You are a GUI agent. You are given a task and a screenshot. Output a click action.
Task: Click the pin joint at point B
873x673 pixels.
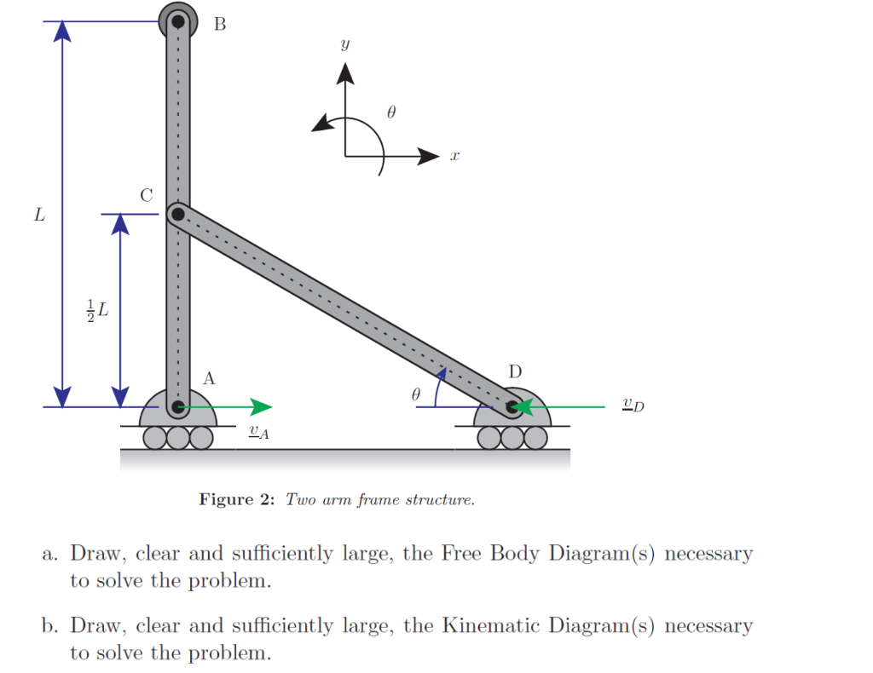coord(178,21)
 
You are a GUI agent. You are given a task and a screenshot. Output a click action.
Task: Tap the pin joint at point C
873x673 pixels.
coord(177,213)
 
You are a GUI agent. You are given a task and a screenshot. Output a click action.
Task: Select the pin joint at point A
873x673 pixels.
coord(177,407)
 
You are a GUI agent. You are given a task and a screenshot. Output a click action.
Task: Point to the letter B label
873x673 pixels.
coord(220,24)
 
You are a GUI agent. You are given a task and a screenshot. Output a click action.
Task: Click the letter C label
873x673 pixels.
coord(147,195)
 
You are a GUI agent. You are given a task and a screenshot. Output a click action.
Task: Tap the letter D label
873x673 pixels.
coord(515,372)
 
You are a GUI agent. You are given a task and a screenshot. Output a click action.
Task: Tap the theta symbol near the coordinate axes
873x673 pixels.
coord(391,112)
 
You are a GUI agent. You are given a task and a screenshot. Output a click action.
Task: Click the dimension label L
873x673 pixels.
coord(38,214)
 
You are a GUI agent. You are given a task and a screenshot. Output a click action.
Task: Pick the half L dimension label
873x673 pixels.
coord(98,310)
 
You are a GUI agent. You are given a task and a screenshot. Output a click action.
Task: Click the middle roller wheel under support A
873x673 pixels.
coord(178,437)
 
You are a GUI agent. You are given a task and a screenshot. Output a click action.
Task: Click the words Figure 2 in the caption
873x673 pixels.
coord(236,499)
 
